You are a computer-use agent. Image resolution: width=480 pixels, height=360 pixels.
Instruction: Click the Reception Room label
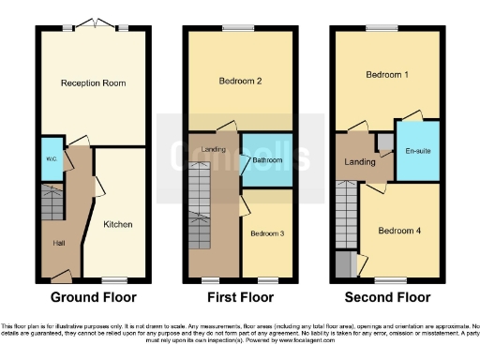pyautogui.click(x=94, y=83)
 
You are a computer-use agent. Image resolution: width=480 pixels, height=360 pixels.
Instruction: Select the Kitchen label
pyautogui.click(x=118, y=224)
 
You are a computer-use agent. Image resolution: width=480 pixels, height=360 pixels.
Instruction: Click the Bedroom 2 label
pyautogui.click(x=240, y=82)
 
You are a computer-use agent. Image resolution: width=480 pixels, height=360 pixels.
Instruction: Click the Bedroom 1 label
pyautogui.click(x=387, y=73)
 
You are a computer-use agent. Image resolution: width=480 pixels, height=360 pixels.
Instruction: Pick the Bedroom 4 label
pyautogui.click(x=399, y=230)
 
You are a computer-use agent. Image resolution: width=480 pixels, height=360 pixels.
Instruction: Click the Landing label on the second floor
pyautogui.click(x=360, y=162)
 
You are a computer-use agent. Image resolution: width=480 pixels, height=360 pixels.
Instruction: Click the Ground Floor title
pyautogui.click(x=94, y=298)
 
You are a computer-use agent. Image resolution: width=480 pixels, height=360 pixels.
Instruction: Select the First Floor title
pyautogui.click(x=240, y=298)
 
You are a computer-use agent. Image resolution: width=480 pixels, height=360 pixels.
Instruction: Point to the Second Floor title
pyautogui.click(x=386, y=298)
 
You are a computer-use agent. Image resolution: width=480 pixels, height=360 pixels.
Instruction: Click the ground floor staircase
pyautogui.click(x=52, y=201)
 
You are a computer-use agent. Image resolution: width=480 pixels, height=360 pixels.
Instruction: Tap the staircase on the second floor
pyautogui.click(x=347, y=216)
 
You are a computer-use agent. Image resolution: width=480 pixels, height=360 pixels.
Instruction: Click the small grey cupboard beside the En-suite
pyautogui.click(x=384, y=142)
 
